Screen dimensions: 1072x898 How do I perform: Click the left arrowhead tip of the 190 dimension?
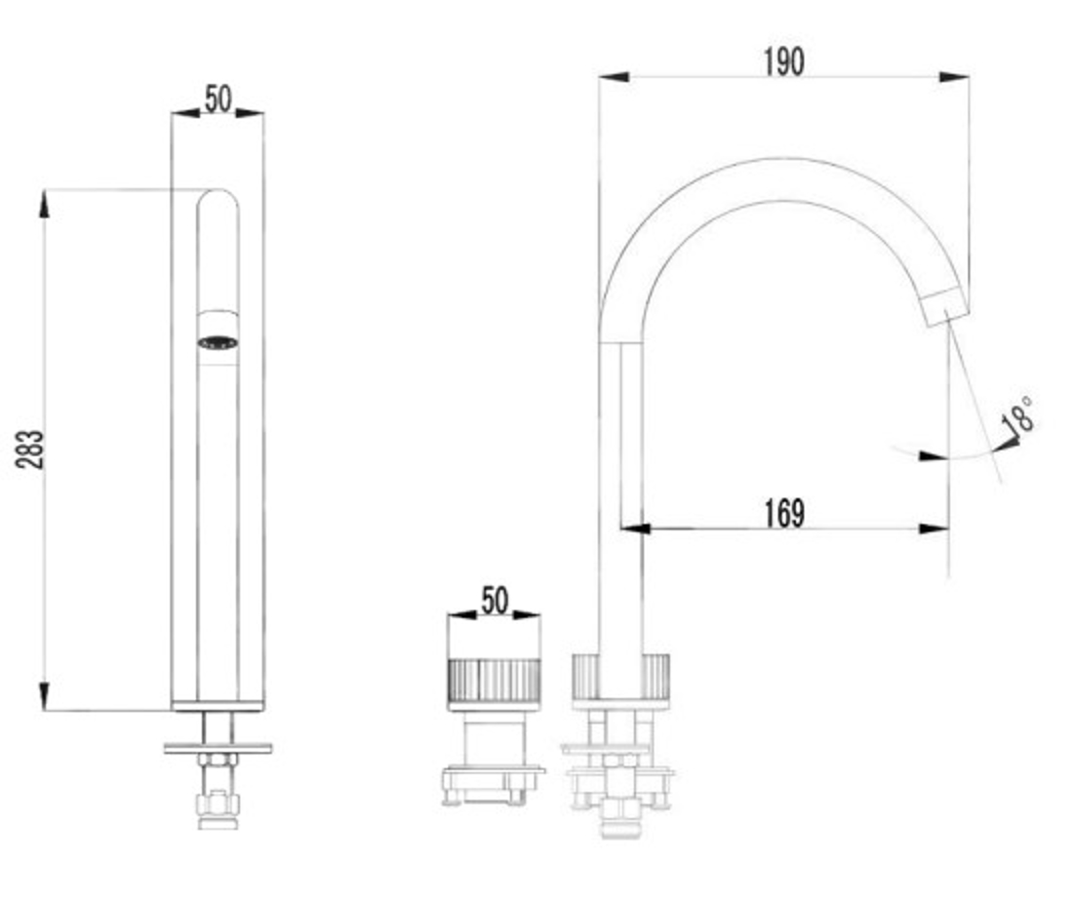click(599, 77)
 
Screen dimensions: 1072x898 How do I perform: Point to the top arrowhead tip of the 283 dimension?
click(45, 190)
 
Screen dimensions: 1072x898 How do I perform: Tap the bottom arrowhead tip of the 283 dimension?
click(45, 711)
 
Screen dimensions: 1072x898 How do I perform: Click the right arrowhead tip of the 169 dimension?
click(949, 528)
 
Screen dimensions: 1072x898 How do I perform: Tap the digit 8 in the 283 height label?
click(31, 449)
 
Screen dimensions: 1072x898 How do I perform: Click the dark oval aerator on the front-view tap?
click(218, 342)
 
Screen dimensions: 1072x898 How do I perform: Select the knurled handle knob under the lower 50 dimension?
click(494, 679)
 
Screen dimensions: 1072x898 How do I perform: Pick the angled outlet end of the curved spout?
click(946, 307)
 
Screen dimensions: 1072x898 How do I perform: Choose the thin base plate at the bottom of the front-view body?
click(218, 705)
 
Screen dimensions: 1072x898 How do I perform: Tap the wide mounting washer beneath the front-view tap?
click(218, 749)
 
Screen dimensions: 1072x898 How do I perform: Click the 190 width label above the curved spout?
click(784, 61)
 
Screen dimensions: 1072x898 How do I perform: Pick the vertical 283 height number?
click(31, 449)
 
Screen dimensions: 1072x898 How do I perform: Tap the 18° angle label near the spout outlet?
click(1017, 414)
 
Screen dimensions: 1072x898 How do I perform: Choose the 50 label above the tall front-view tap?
click(218, 98)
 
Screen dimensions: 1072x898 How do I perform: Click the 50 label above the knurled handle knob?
click(496, 600)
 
